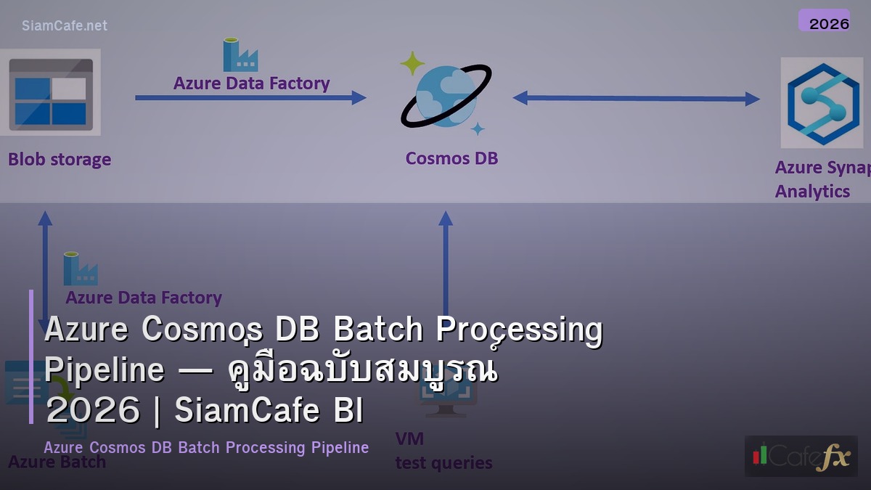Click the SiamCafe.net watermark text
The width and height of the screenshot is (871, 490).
(64, 25)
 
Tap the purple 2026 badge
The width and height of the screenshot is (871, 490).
(824, 22)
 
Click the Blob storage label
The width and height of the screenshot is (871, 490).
(60, 159)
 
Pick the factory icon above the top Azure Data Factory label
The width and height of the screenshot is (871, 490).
(240, 55)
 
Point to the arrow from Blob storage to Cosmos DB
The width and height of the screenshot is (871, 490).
(250, 97)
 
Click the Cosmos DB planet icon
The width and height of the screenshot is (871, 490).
(446, 95)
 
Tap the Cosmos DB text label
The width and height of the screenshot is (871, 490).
(451, 158)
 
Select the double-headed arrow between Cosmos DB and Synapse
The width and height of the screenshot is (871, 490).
(636, 98)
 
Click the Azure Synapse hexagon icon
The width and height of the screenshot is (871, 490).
(822, 102)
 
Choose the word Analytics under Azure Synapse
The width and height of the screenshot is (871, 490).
(811, 191)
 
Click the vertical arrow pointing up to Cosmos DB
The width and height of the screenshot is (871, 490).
(446, 261)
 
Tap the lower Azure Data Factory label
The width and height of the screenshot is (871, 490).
(143, 298)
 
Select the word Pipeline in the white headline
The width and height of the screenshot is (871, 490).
(105, 369)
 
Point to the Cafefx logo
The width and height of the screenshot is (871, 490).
(801, 456)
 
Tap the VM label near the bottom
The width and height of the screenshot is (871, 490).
(409, 438)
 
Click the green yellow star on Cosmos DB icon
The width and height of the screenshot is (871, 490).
(412, 63)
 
